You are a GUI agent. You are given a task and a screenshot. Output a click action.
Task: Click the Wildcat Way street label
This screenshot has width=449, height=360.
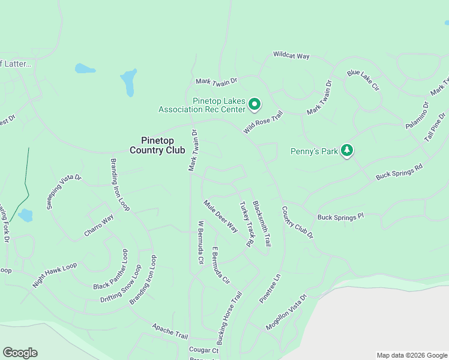point(291,55)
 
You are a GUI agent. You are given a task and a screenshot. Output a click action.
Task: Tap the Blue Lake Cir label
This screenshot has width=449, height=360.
point(363,80)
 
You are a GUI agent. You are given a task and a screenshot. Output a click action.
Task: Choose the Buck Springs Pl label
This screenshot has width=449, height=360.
point(340,217)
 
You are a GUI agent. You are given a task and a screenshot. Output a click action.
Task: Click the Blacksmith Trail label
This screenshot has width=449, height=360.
point(262,223)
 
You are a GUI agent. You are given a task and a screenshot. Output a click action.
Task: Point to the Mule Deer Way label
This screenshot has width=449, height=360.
point(221,215)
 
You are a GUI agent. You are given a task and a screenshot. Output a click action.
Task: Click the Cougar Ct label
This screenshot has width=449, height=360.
point(203,350)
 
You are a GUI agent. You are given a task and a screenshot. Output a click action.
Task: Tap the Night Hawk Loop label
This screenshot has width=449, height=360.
point(55,275)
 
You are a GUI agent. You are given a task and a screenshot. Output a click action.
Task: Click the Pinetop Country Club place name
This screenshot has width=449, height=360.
point(157,145)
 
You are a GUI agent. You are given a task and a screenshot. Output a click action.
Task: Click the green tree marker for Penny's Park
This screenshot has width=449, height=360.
point(346,150)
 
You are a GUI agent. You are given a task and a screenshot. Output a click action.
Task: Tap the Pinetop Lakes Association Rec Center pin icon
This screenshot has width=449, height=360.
point(254,104)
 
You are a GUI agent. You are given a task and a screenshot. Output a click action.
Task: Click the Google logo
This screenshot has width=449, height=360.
point(20,353)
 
